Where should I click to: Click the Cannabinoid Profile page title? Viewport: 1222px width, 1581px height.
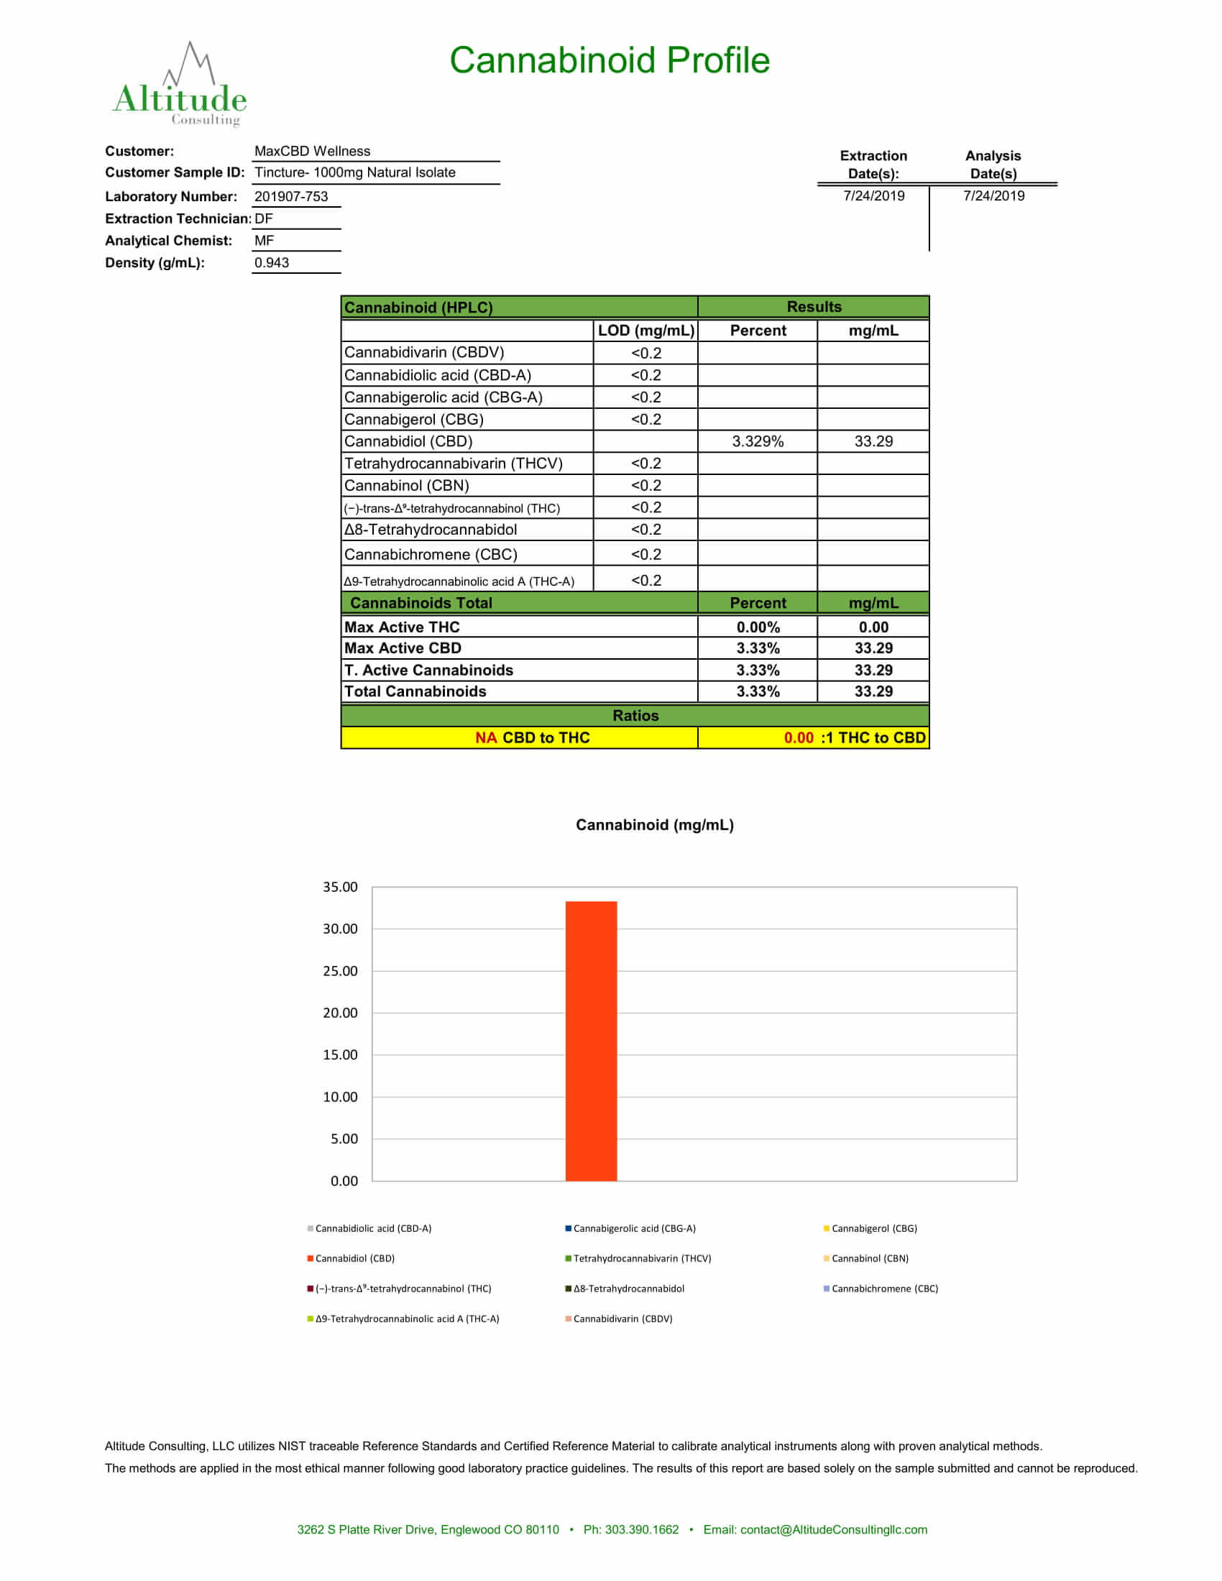[x=610, y=60]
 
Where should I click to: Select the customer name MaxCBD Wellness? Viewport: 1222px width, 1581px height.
[x=312, y=152]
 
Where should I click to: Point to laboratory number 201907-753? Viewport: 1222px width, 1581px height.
[x=291, y=196]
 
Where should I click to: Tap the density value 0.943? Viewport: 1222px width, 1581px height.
[x=272, y=263]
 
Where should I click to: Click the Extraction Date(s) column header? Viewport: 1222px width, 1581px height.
[x=873, y=165]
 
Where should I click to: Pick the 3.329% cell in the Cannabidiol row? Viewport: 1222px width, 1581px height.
[x=757, y=441]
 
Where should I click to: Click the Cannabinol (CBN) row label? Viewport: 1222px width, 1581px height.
[x=407, y=485]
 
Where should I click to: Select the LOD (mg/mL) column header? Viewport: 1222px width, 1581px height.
[x=646, y=330]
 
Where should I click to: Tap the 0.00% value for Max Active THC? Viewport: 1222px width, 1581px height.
[x=757, y=627]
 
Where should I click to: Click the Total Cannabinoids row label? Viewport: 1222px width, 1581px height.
[x=415, y=691]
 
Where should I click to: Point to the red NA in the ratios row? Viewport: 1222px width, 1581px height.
[x=486, y=737]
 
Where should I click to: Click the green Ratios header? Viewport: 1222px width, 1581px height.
[x=635, y=715]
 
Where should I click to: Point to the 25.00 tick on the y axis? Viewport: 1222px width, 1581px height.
[x=339, y=971]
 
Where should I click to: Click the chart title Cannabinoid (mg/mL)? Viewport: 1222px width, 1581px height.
[x=654, y=824]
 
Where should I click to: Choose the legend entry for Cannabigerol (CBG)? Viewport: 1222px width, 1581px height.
[x=873, y=1228]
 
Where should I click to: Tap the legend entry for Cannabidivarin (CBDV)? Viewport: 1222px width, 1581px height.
[x=622, y=1318]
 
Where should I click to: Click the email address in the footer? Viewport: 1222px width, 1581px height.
[x=833, y=1529]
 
